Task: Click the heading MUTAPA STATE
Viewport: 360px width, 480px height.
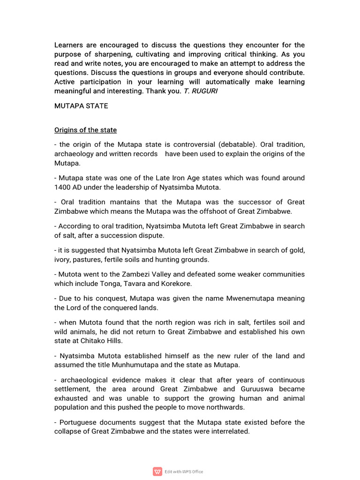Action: point(81,106)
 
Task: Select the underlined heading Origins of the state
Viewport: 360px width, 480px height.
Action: point(85,130)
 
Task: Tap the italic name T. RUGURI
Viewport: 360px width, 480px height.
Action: point(201,91)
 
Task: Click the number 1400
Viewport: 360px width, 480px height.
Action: point(62,187)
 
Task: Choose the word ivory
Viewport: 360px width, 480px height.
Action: point(63,259)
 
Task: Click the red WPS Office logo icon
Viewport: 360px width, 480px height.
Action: point(157,472)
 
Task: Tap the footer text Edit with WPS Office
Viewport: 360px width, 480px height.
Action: point(184,472)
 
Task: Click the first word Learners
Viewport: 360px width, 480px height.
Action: point(69,45)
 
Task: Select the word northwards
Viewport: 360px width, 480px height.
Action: point(222,407)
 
